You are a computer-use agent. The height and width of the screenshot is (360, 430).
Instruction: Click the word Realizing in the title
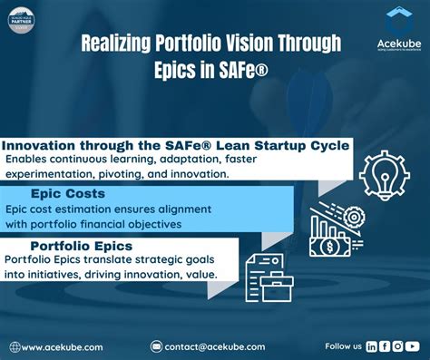(118, 44)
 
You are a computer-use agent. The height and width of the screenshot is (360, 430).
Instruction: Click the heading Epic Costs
(68, 193)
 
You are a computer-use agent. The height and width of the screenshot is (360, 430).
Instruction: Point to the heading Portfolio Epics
(82, 246)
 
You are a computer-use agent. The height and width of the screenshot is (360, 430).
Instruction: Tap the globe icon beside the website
(15, 346)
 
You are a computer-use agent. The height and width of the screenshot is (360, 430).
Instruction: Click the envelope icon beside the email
(156, 346)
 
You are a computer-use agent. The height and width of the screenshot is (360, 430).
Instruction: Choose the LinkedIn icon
(372, 345)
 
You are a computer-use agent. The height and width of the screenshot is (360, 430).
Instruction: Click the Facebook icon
(385, 345)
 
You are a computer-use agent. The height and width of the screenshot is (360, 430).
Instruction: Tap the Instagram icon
(398, 345)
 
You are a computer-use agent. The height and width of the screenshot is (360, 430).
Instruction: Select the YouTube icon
(412, 345)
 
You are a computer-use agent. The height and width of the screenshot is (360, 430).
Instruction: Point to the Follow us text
(343, 346)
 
